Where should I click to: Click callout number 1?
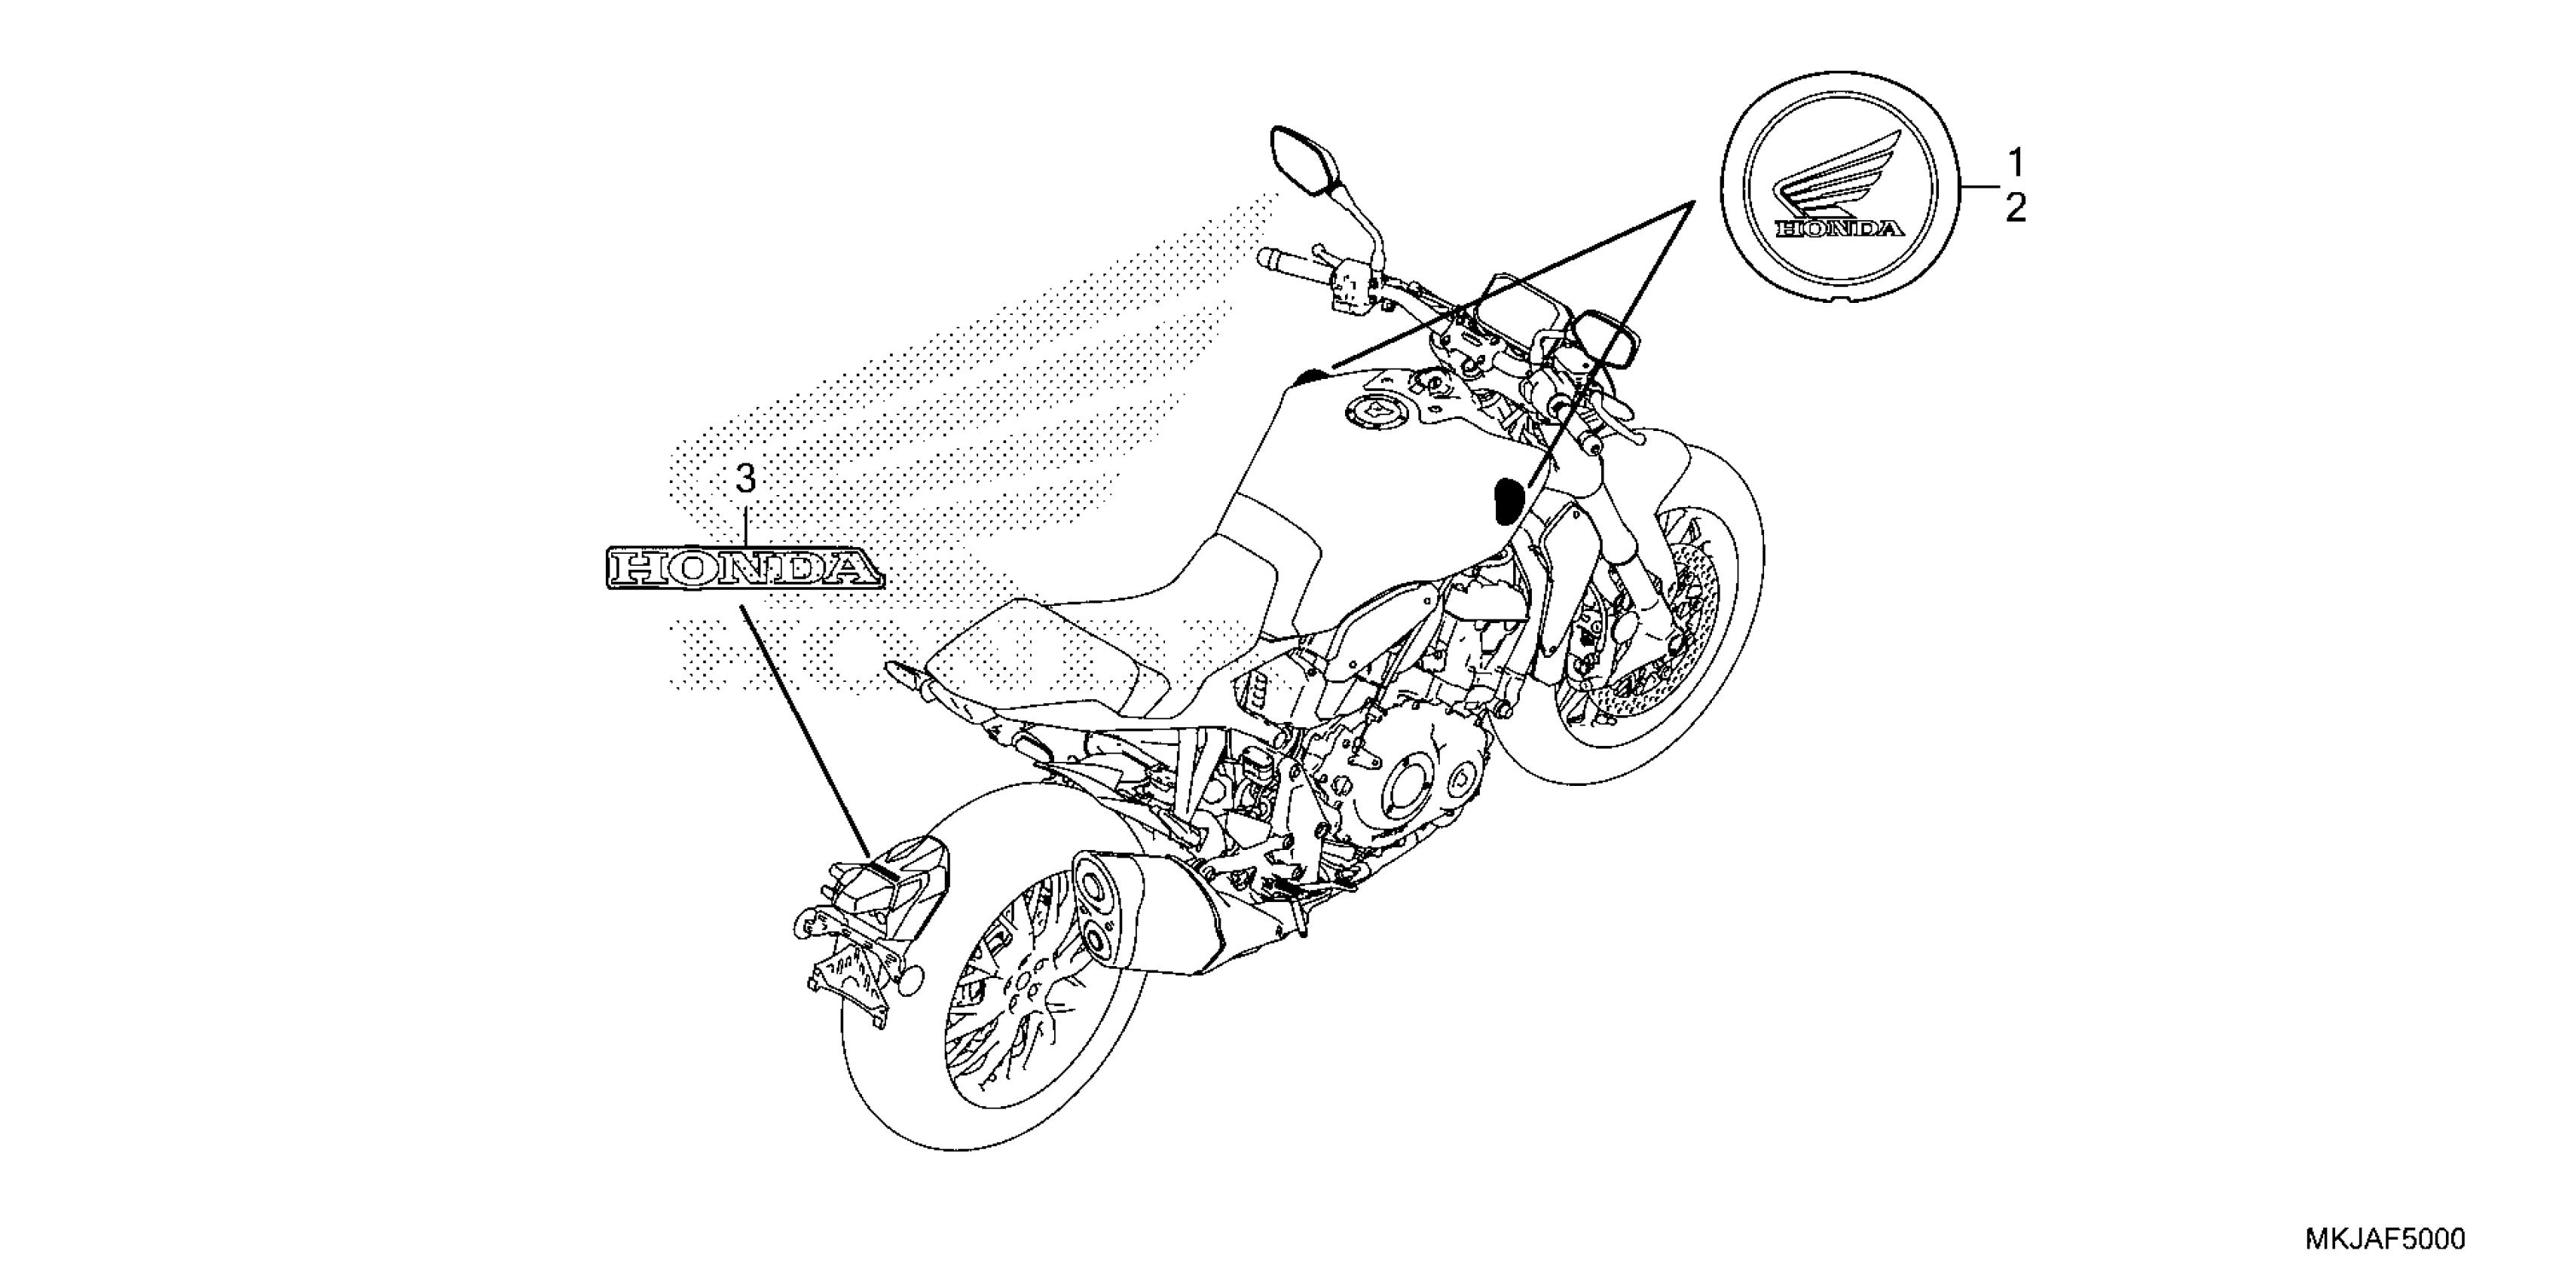tap(2015, 161)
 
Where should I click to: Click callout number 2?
tap(2015, 209)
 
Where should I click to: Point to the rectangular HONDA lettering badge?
tap(744, 569)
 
